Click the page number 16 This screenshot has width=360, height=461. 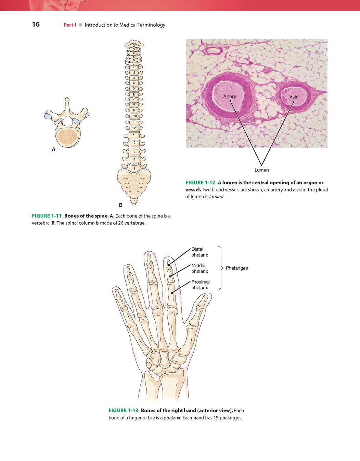click(36, 24)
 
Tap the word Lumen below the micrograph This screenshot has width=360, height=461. click(262, 170)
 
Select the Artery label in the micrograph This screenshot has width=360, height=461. click(230, 97)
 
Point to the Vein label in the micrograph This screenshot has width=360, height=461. click(294, 97)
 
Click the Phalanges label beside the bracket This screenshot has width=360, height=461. click(237, 268)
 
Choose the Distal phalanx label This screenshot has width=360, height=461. click(200, 252)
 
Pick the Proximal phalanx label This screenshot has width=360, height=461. click(201, 285)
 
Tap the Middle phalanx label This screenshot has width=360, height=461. click(200, 269)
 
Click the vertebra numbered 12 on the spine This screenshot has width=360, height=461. click(134, 128)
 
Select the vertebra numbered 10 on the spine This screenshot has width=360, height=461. click(135, 116)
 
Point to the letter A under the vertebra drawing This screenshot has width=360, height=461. click(54, 150)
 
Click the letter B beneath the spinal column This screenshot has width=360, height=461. click(121, 205)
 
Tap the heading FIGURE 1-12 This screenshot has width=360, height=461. click(200, 183)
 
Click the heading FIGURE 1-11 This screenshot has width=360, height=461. click(47, 216)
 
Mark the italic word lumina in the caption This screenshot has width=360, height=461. click(216, 197)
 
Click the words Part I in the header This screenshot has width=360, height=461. click(70, 25)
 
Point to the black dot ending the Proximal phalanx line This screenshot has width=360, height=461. click(172, 293)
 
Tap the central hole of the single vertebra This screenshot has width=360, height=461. click(67, 121)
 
